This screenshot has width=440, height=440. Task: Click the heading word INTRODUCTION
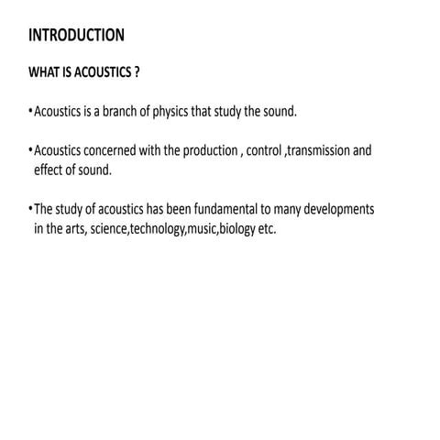coord(76,36)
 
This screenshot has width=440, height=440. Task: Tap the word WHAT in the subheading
coord(44,72)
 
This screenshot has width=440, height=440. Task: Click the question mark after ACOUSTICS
coord(137,72)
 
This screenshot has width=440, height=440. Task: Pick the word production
coord(207,150)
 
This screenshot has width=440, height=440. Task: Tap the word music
coord(201,229)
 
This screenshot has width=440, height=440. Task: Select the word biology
coord(236,229)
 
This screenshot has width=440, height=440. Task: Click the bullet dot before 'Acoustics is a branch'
coord(30,113)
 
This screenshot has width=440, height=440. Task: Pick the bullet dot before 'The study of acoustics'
coord(30,210)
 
